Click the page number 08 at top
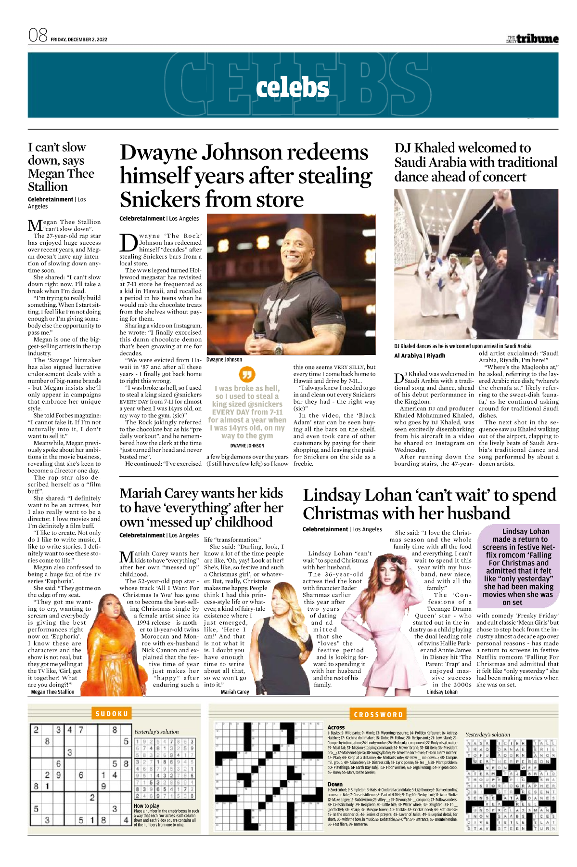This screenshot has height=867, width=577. (x=38, y=35)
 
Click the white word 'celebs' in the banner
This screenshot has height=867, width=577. (x=293, y=88)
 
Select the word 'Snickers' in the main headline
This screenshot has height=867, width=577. (x=162, y=199)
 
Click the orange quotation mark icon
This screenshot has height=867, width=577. (x=247, y=374)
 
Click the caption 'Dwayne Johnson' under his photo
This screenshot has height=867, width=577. (x=224, y=359)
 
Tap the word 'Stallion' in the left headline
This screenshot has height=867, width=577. (x=48, y=187)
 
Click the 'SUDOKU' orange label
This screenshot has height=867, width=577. (x=112, y=713)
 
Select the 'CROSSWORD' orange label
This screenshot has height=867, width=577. (x=378, y=714)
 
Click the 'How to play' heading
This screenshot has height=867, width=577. (x=147, y=805)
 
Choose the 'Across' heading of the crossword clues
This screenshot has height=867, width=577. (x=336, y=727)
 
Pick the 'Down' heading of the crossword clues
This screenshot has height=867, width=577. (x=335, y=784)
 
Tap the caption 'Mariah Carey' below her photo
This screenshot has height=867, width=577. (x=235, y=692)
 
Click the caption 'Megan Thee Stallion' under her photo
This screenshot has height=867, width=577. (x=52, y=692)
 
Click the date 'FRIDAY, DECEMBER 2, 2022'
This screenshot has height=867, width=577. (x=79, y=39)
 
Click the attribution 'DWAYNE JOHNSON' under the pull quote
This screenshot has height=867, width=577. (x=247, y=446)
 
